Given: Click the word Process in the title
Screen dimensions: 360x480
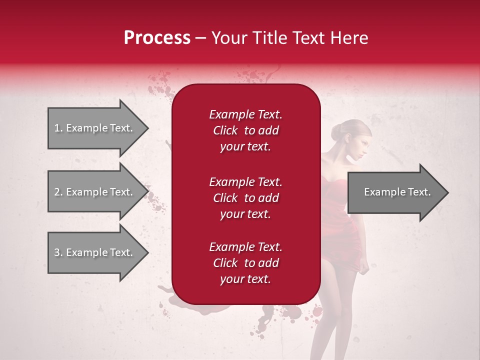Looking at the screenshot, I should click(x=157, y=38).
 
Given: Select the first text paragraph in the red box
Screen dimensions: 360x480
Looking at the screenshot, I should click(x=245, y=130).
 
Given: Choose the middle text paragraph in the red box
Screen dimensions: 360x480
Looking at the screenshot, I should click(x=245, y=198).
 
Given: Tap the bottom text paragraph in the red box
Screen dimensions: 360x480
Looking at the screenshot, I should click(x=245, y=263).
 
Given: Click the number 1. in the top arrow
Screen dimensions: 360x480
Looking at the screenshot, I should click(x=58, y=128).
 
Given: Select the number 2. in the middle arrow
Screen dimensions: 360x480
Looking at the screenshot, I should click(x=58, y=192).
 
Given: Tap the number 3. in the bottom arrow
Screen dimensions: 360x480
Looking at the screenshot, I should click(x=58, y=252).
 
